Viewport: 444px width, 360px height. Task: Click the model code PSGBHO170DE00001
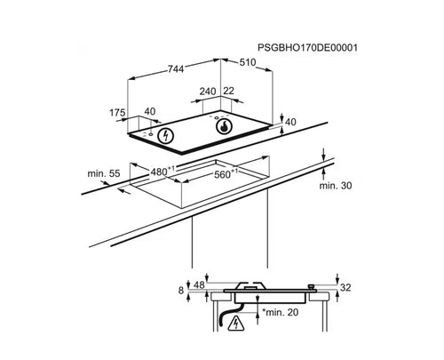click(307, 48)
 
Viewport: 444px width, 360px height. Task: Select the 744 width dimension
click(176, 69)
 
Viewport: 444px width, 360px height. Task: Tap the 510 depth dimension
click(247, 62)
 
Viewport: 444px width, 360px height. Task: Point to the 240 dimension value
click(208, 92)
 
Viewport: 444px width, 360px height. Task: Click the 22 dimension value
click(228, 91)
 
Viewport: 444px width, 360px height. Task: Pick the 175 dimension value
click(117, 113)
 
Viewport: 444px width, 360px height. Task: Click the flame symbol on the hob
click(225, 126)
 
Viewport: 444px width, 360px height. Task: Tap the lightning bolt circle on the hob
click(165, 136)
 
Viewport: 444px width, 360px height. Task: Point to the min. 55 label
click(104, 173)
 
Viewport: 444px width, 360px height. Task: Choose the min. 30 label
click(336, 186)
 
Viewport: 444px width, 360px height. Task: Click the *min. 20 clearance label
click(281, 312)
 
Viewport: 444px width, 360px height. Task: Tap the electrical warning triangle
click(236, 324)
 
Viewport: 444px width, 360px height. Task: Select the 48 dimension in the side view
click(199, 285)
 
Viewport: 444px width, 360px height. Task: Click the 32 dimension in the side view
click(345, 287)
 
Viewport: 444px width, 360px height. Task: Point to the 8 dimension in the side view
click(181, 291)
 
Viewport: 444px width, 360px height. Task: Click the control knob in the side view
click(311, 286)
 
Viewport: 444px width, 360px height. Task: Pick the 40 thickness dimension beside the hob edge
click(290, 122)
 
